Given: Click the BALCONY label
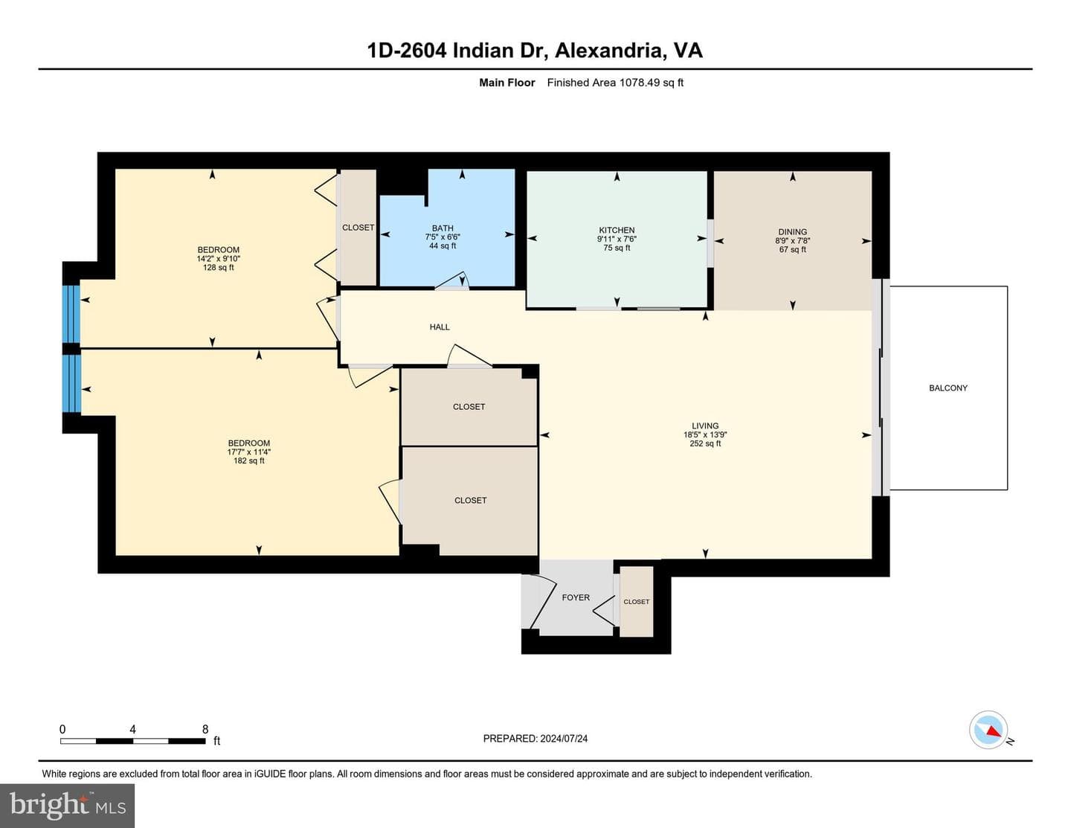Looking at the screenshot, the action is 948,388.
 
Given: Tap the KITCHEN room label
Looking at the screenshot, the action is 616,230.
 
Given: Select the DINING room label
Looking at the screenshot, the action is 792,231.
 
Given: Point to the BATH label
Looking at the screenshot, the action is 442,228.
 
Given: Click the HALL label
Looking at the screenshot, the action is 439,327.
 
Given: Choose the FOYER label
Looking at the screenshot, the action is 575,597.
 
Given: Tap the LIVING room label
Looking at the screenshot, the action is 705,426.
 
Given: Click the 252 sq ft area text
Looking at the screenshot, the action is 705,443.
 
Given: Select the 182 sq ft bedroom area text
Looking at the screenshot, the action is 248,460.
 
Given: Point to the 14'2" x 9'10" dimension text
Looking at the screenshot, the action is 219,259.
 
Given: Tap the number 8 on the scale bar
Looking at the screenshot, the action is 205,729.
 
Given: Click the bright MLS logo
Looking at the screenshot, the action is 68,806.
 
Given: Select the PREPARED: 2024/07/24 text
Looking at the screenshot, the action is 535,739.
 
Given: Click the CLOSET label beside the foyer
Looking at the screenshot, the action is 636,602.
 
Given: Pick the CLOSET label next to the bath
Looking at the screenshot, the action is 358,228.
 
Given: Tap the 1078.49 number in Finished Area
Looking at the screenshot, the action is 639,83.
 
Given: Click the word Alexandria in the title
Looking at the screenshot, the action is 608,51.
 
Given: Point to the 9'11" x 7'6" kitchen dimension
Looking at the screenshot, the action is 616,239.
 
